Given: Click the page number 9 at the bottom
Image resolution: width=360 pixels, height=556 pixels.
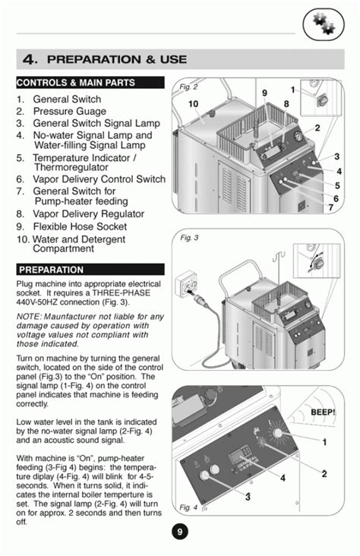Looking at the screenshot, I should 179,532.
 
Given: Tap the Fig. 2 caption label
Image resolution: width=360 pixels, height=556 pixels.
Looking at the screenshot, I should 189,87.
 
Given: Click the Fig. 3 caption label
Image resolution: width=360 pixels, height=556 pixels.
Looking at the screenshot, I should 190,238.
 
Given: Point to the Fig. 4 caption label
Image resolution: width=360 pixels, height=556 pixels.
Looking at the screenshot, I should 189,507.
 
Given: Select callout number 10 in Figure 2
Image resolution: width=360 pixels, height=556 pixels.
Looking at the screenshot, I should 194,104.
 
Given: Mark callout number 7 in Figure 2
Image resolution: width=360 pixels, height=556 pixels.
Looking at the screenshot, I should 330,207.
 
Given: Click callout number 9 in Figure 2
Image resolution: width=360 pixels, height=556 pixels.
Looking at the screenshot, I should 265,93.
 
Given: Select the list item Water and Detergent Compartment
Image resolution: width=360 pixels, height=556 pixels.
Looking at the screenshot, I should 84,243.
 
